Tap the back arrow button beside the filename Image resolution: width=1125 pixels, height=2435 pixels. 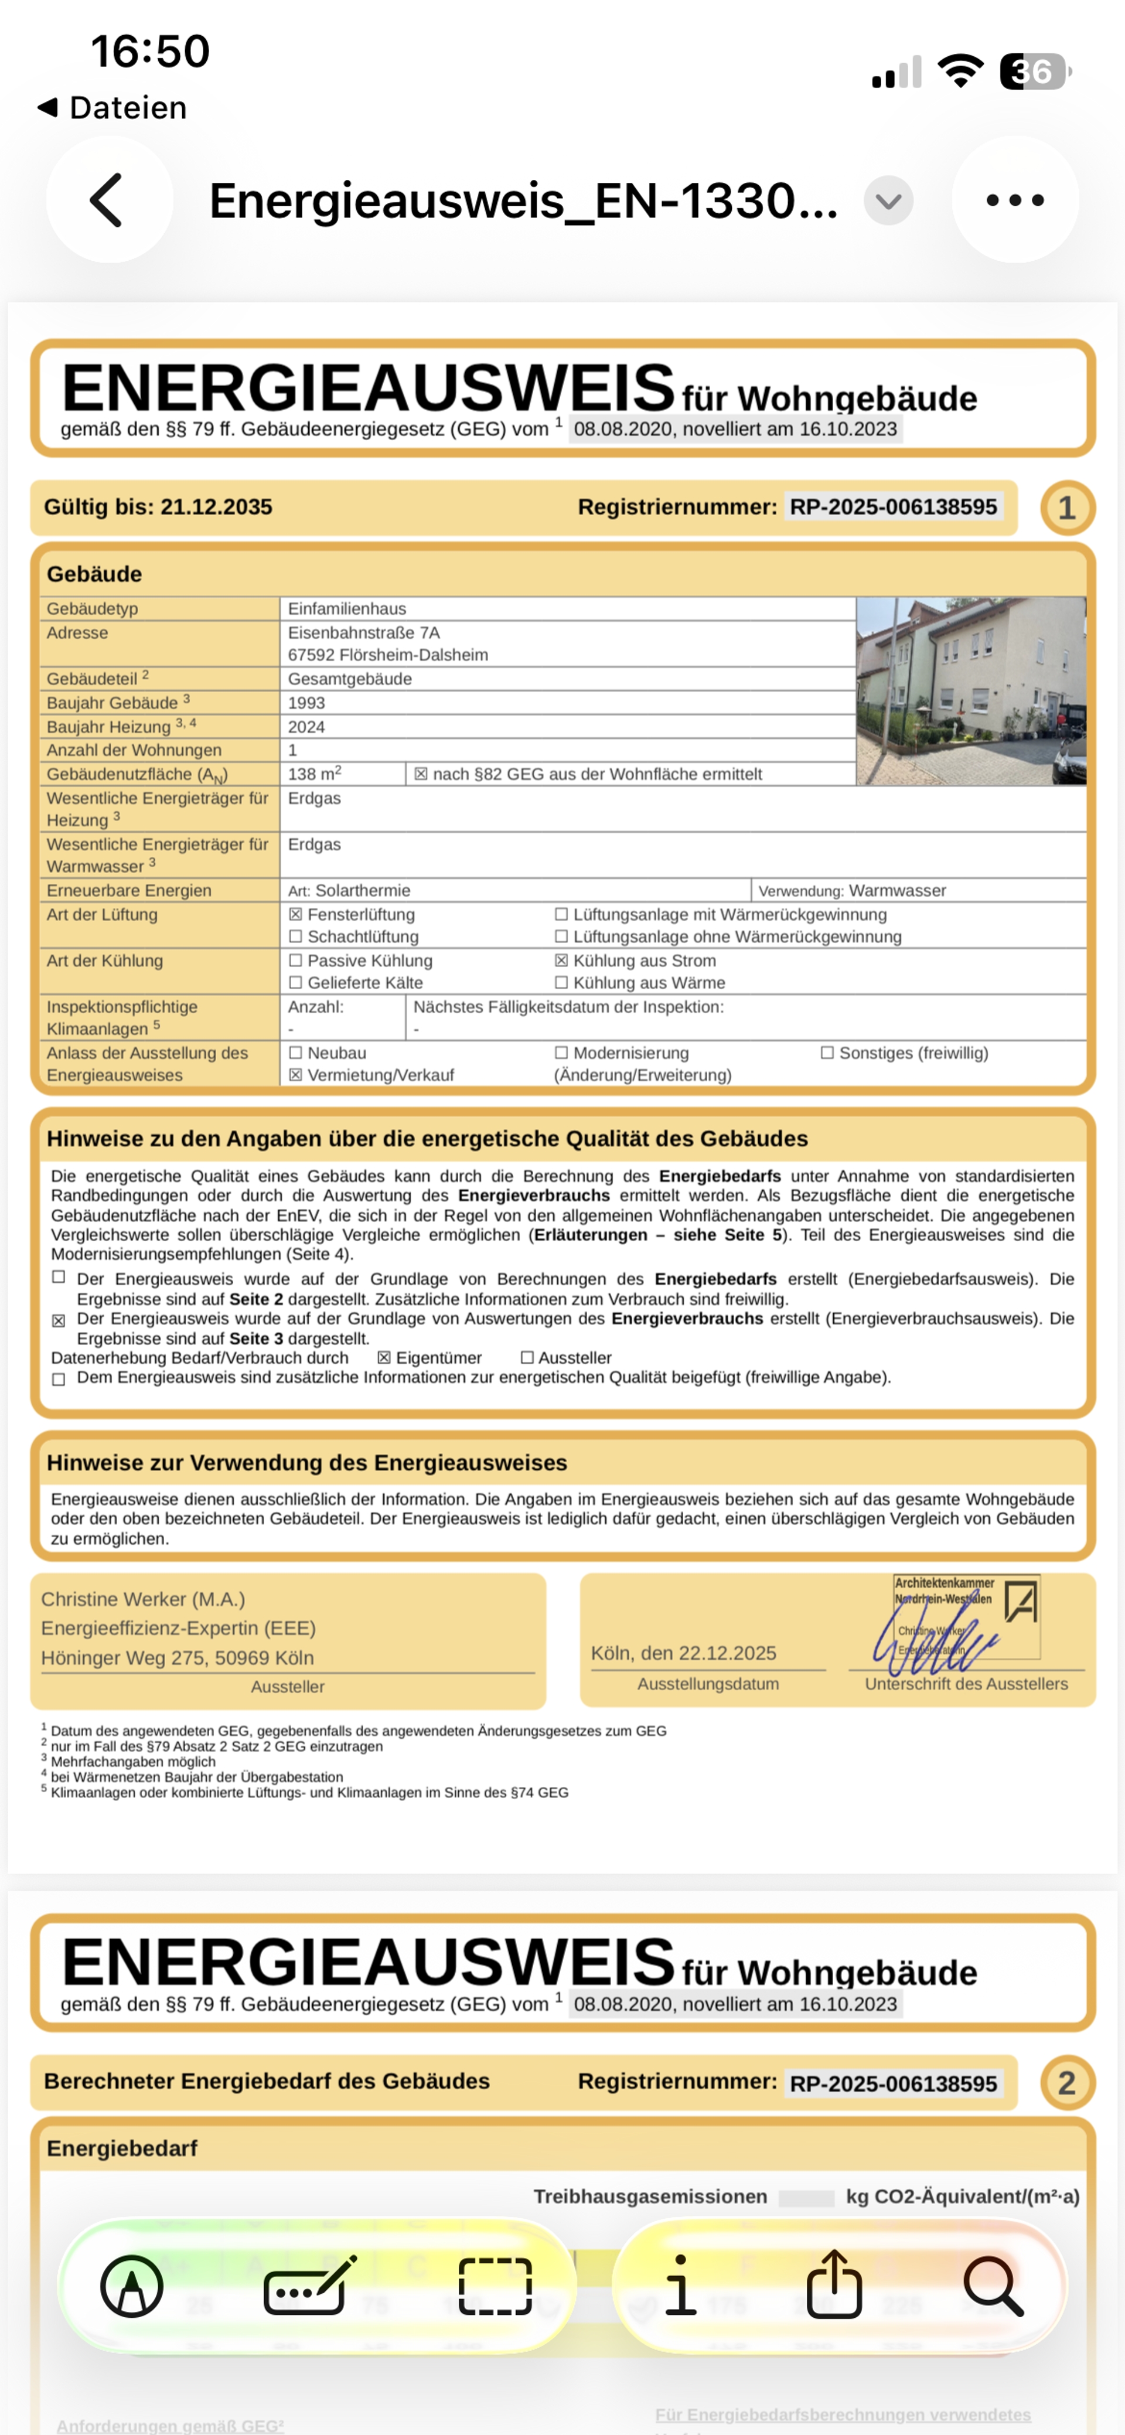coord(109,200)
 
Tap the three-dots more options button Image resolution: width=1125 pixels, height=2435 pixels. coord(1014,200)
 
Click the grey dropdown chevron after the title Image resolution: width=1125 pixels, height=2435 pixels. coord(888,200)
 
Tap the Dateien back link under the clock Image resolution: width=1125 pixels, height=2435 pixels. coord(114,108)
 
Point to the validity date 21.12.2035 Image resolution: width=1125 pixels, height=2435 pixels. coord(216,508)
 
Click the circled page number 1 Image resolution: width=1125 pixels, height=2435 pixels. coord(1066,509)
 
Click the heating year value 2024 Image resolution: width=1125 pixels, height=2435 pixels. coord(306,727)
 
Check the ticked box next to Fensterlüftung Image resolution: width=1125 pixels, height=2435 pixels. coord(296,915)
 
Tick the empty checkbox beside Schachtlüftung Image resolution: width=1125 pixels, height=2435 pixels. coord(296,936)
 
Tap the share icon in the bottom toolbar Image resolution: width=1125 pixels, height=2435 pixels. coord(834,2285)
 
